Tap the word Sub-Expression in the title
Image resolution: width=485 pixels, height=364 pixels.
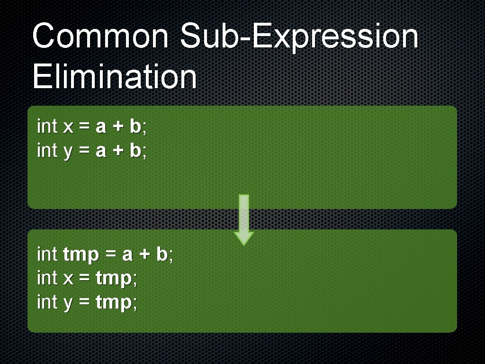pyautogui.click(x=299, y=37)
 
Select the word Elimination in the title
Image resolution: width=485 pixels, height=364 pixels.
pyautogui.click(x=114, y=77)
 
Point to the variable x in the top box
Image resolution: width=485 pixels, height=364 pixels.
pyautogui.click(x=68, y=127)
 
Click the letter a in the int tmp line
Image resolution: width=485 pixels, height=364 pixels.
pyautogui.click(x=127, y=255)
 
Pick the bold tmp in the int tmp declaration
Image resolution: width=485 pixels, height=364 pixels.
pyautogui.click(x=81, y=255)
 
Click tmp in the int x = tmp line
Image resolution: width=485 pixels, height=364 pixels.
pyautogui.click(x=114, y=279)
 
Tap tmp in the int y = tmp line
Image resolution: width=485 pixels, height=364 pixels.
pyautogui.click(x=114, y=303)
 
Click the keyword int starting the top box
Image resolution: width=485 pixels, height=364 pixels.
pyautogui.click(x=47, y=127)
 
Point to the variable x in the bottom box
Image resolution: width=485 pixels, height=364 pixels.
pyautogui.click(x=68, y=279)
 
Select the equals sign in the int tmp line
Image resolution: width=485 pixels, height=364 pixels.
pyautogui.click(x=110, y=255)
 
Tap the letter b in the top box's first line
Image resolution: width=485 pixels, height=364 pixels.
pyautogui.click(x=135, y=127)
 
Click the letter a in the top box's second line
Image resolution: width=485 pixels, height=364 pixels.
pyautogui.click(x=101, y=152)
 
